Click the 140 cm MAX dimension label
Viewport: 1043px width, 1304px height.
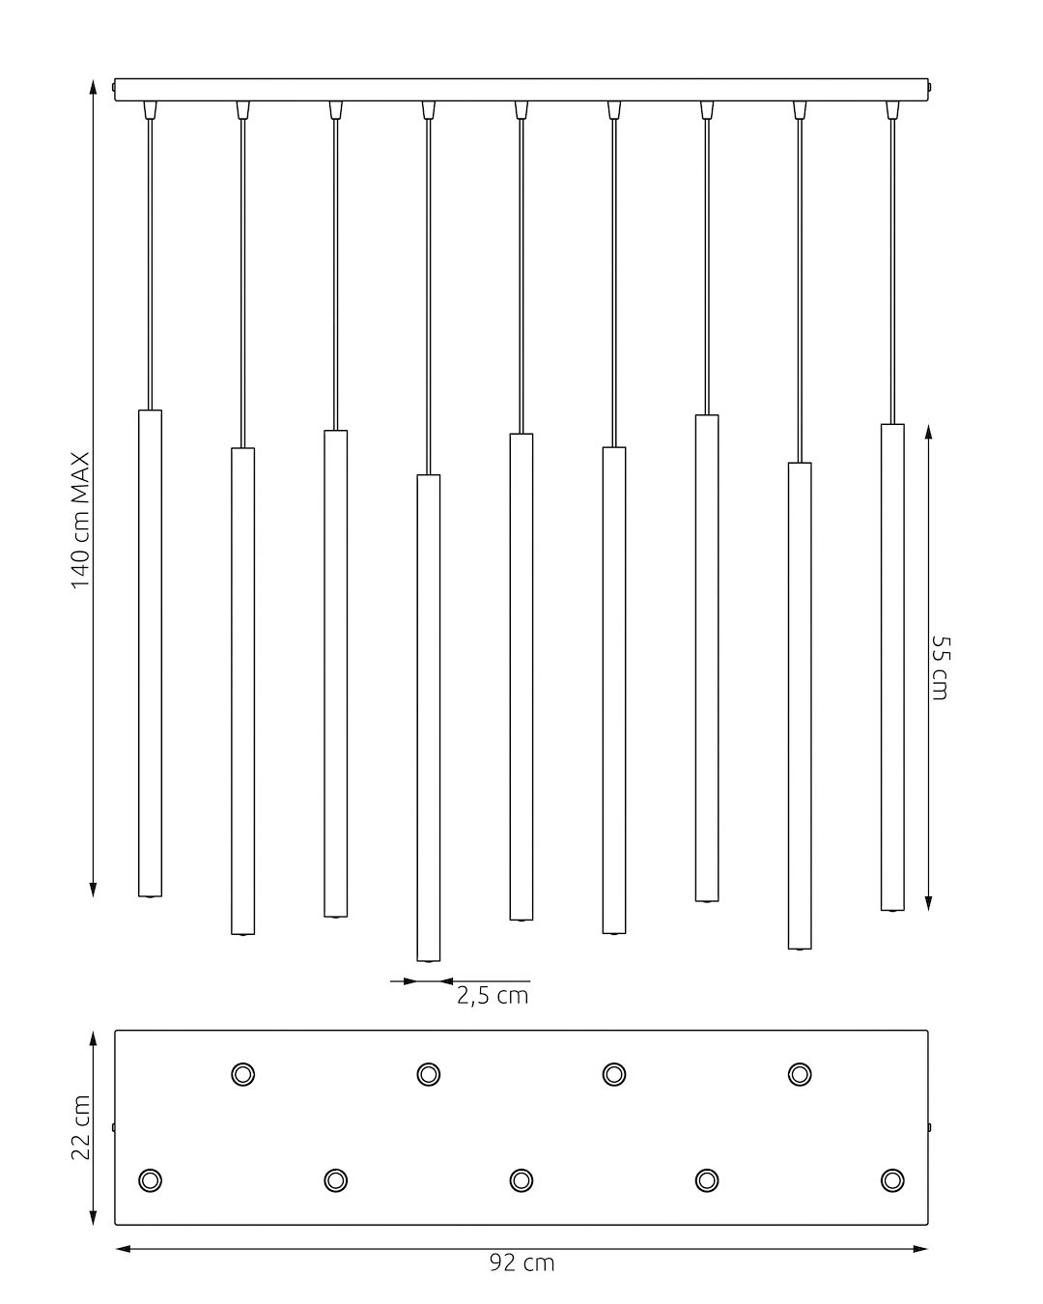(80, 520)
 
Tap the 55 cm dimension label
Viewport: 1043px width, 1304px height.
(940, 667)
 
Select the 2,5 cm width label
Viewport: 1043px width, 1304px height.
(493, 997)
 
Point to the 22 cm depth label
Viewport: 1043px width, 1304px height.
(80, 1127)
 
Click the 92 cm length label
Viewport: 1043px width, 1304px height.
(521, 1262)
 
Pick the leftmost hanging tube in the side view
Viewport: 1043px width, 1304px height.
(151, 653)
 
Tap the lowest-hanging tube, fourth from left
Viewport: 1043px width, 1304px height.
(429, 718)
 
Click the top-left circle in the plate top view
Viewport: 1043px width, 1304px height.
(243, 1074)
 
